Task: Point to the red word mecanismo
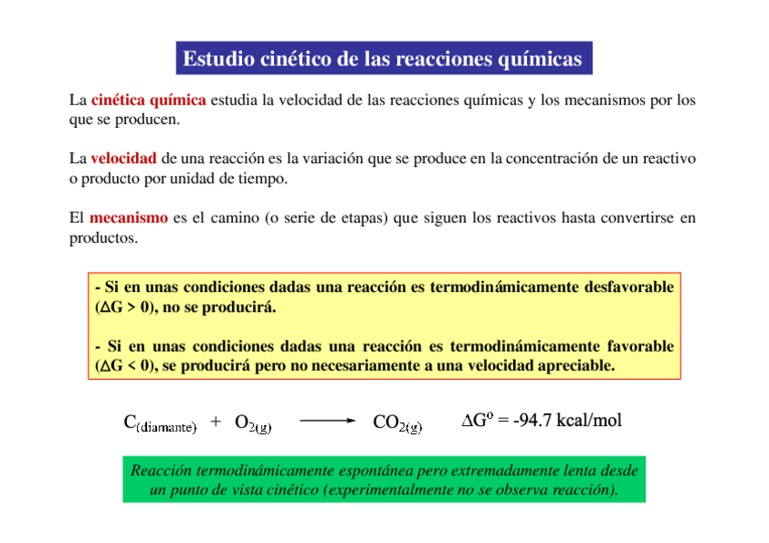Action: click(x=128, y=218)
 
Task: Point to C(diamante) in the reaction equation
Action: click(x=159, y=423)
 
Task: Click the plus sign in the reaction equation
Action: click(x=215, y=422)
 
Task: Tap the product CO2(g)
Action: click(x=397, y=423)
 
